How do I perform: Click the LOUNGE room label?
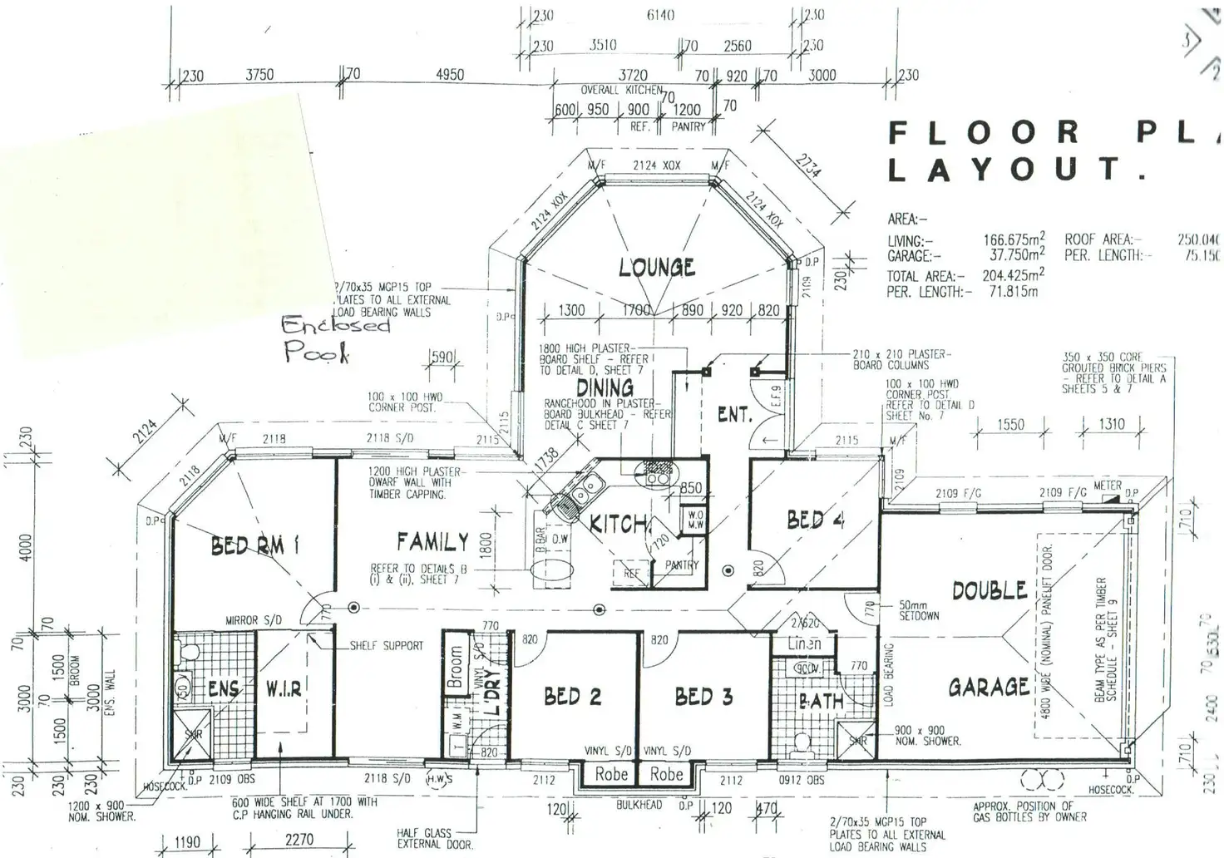click(657, 267)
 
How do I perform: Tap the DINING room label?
click(605, 387)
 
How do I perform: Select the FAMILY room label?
click(432, 542)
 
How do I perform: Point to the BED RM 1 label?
click(254, 545)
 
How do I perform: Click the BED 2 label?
click(572, 697)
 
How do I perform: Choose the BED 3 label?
click(703, 697)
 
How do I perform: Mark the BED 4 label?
click(816, 520)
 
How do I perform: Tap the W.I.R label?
click(284, 689)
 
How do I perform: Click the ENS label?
click(223, 689)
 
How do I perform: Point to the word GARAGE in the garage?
click(989, 687)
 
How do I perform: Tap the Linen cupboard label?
click(804, 643)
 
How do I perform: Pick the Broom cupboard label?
click(455, 668)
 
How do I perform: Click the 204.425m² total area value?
click(1013, 275)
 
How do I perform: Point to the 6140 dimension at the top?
click(659, 15)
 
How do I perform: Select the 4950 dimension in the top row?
click(450, 75)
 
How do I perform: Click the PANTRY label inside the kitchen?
click(682, 565)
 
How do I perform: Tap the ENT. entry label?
click(734, 414)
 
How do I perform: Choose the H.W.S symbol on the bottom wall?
click(437, 779)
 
